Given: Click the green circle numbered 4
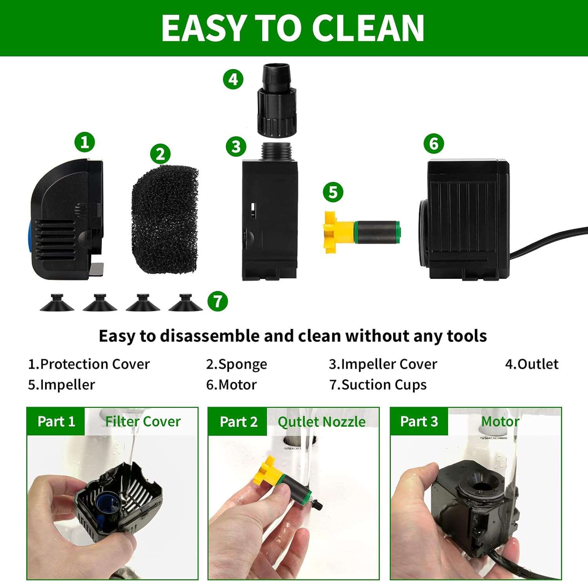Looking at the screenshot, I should (233, 79).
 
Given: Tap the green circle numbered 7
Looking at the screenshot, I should (218, 301).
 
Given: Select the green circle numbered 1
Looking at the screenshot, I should (85, 142).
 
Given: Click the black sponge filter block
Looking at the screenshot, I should (165, 220).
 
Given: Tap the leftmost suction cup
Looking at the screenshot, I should (57, 303).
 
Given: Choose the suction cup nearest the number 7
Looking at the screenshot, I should (185, 303).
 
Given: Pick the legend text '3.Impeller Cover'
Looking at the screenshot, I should (383, 364).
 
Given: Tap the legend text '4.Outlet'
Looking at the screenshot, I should (531, 364).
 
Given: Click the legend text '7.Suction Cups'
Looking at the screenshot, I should (378, 385).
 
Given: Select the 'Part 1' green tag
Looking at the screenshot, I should (56, 422).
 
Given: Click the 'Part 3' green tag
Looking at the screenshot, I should (419, 422).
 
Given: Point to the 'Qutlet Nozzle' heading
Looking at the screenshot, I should (321, 422).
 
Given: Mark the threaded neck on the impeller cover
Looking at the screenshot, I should (276, 151).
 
